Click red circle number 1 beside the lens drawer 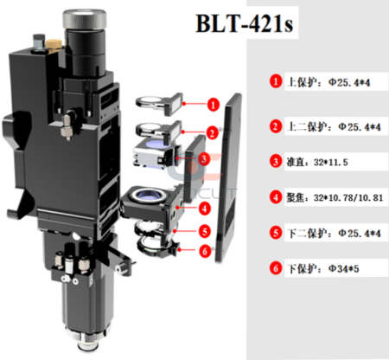point(212,104)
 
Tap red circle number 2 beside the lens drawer point(212,133)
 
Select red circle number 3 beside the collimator point(201,160)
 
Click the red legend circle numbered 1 point(276,81)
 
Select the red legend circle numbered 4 point(276,196)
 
